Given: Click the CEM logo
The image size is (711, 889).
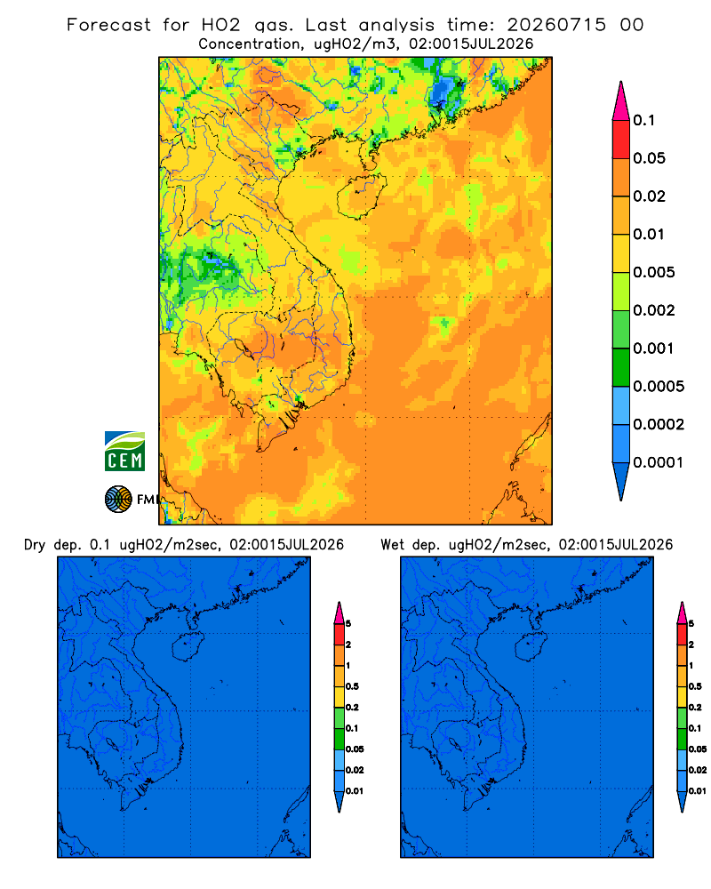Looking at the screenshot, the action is pyautogui.click(x=124, y=452).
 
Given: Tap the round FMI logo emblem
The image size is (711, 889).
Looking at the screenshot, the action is pyautogui.click(x=118, y=500).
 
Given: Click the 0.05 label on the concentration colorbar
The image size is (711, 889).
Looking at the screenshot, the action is pyautogui.click(x=649, y=158).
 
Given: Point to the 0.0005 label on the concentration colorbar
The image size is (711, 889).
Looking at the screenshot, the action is pyautogui.click(x=659, y=386).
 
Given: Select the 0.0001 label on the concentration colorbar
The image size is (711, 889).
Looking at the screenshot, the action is pyautogui.click(x=659, y=462).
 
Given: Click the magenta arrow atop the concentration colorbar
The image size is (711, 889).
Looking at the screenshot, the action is pyautogui.click(x=621, y=100).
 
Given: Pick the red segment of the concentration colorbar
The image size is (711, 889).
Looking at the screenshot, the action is pyautogui.click(x=621, y=140).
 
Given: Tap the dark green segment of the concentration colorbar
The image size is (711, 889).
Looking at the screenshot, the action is pyautogui.click(x=621, y=367).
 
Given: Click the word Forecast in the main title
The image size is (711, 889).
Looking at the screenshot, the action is pyautogui.click(x=108, y=25).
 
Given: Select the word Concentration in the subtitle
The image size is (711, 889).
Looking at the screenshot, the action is pyautogui.click(x=250, y=44).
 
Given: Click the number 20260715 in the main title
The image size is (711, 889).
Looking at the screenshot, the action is pyautogui.click(x=556, y=25).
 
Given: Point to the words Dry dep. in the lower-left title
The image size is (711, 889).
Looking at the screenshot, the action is pyautogui.click(x=52, y=545).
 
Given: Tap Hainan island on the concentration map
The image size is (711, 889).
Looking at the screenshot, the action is pyautogui.click(x=361, y=196).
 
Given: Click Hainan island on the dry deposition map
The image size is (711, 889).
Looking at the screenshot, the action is pyautogui.click(x=188, y=647).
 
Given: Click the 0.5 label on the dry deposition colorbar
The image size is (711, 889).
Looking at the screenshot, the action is pyautogui.click(x=352, y=686).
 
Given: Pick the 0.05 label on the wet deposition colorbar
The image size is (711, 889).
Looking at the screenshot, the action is pyautogui.click(x=698, y=749).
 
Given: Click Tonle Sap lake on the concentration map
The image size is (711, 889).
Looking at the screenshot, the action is pyautogui.click(x=244, y=348).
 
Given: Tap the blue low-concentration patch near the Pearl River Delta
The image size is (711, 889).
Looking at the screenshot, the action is pyautogui.click(x=446, y=92).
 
